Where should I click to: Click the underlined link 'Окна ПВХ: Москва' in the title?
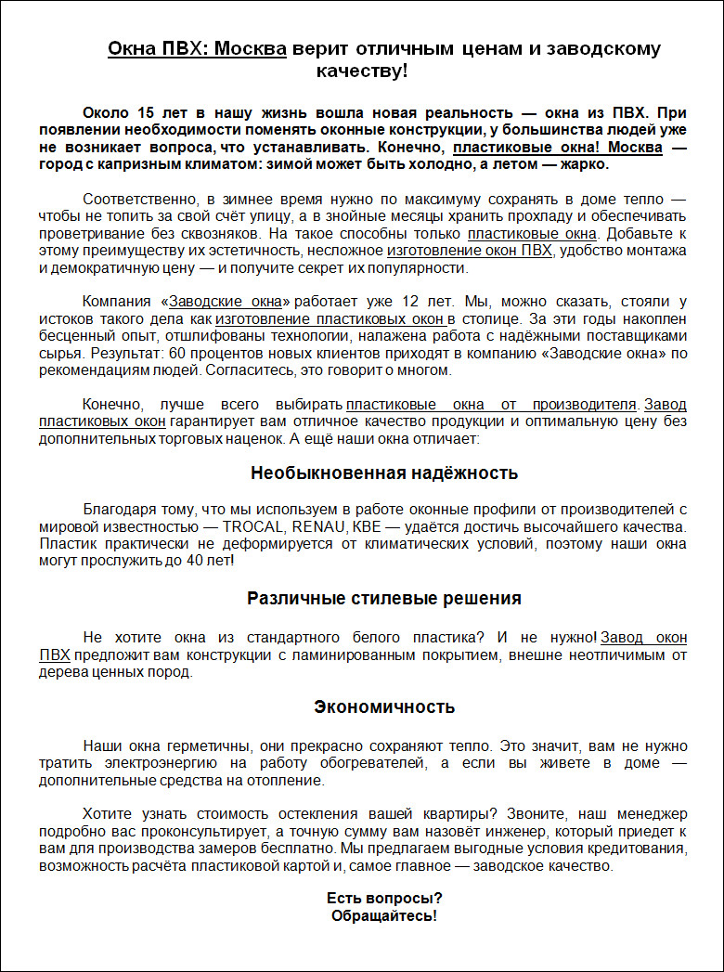tap(197, 49)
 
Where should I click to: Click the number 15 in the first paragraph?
tap(146, 112)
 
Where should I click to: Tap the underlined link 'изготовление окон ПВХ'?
tap(470, 252)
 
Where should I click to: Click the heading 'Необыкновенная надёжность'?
tap(384, 473)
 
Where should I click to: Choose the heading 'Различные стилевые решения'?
tap(384, 599)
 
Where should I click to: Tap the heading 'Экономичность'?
tap(384, 707)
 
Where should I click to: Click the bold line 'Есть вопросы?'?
tap(384, 899)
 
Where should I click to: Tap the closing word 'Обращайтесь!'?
tap(384, 915)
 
